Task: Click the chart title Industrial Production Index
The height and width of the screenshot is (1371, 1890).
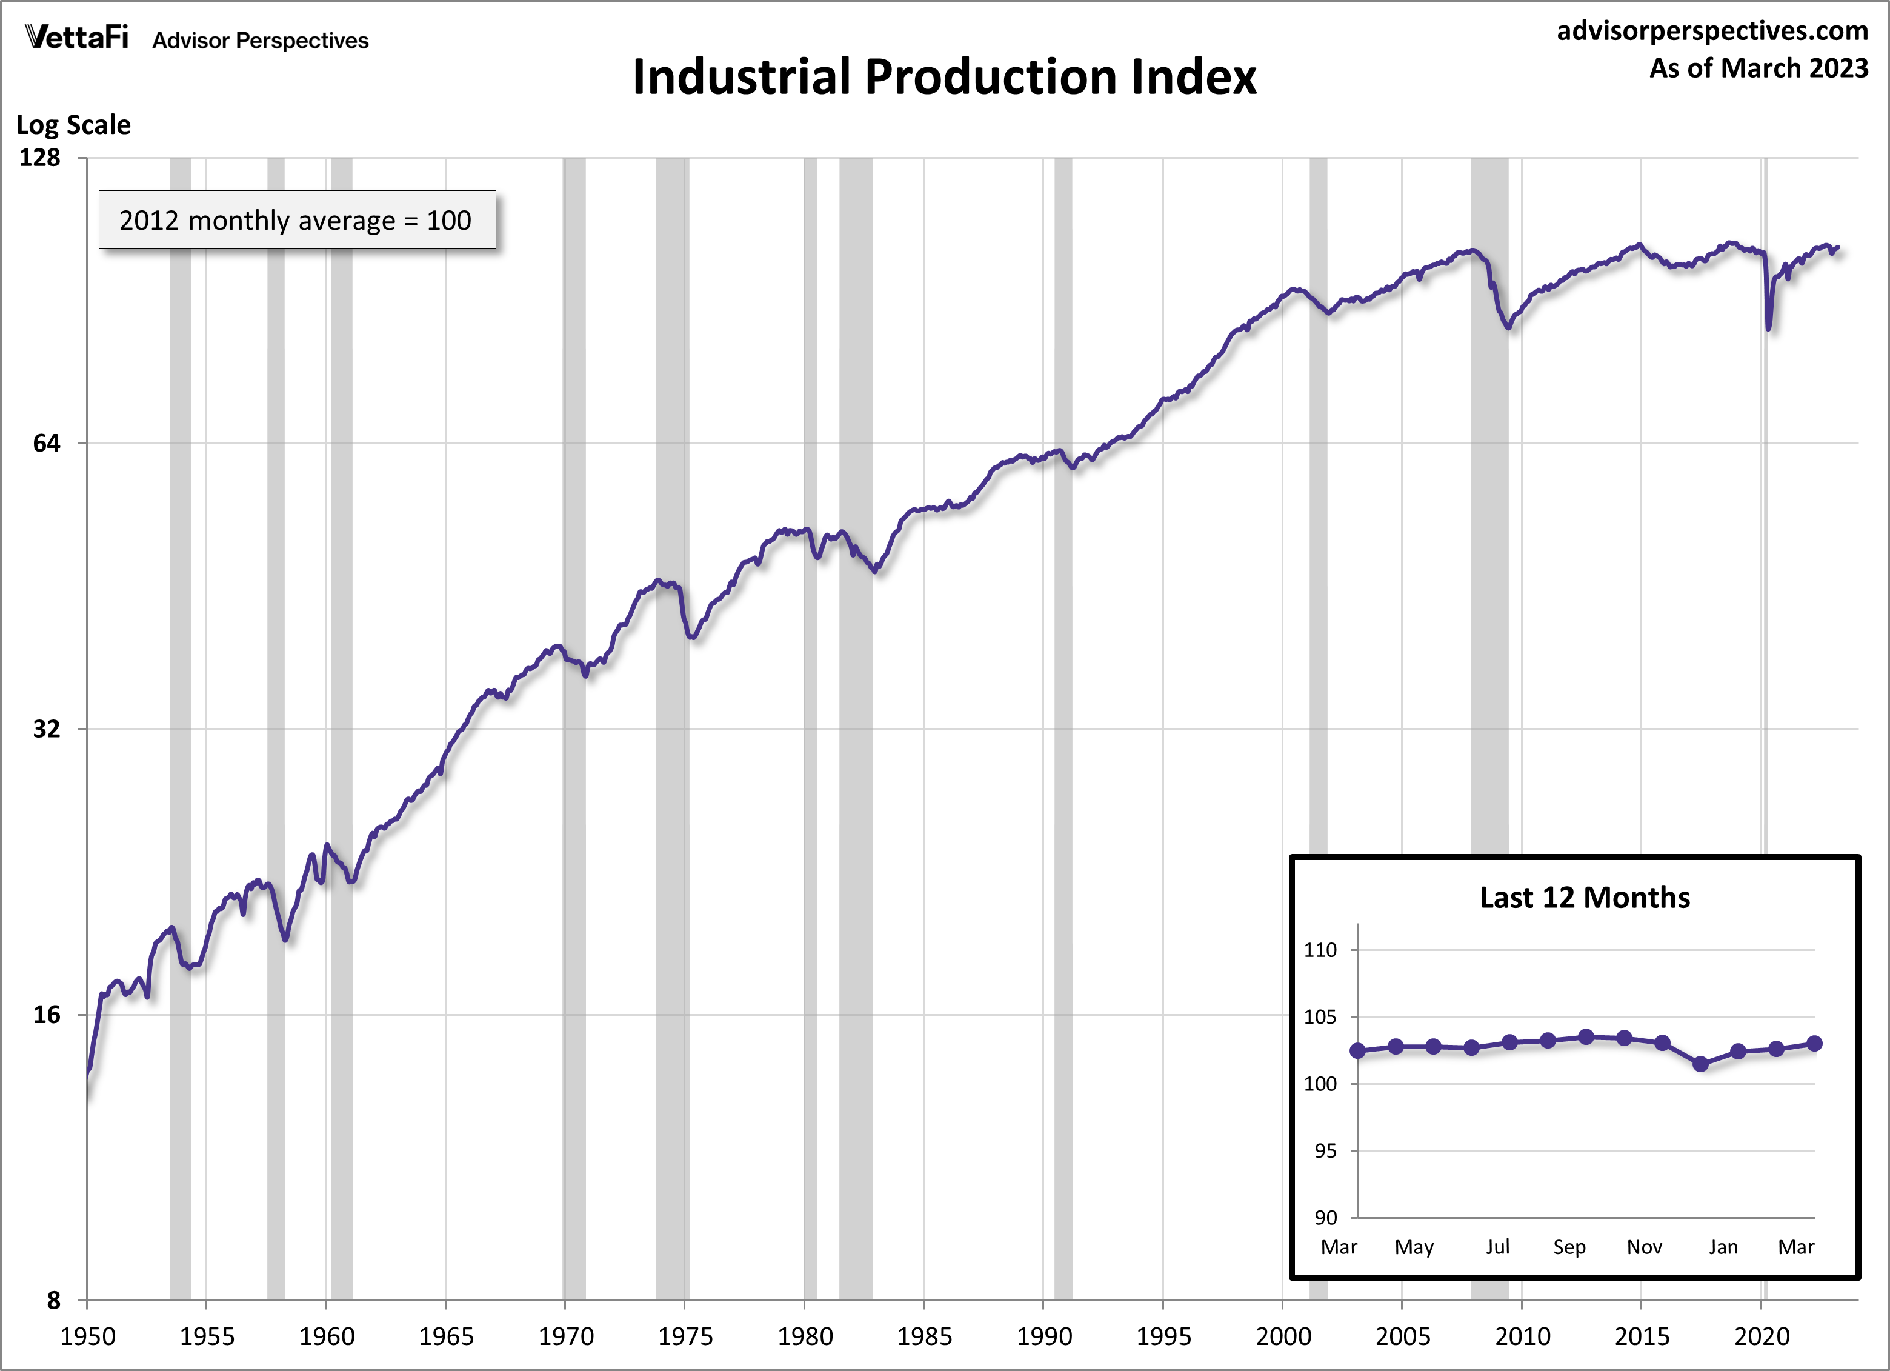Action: point(944,77)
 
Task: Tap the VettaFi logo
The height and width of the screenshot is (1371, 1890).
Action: point(77,38)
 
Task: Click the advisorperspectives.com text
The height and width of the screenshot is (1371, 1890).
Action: point(1712,31)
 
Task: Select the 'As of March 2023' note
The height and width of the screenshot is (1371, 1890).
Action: point(1759,68)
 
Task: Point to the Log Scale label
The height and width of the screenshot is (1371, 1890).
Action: point(73,125)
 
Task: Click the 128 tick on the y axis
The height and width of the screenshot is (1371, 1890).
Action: point(40,158)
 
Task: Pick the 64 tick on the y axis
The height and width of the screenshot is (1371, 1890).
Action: point(47,444)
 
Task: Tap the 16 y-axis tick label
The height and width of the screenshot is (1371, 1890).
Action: point(47,1014)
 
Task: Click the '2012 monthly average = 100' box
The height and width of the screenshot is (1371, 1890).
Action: point(297,220)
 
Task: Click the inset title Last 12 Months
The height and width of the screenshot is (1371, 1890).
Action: point(1584,898)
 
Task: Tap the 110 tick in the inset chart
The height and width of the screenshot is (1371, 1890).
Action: point(1320,950)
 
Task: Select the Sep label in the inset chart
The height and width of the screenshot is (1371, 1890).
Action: point(1569,1247)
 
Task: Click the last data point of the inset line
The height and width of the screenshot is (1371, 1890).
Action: point(1814,1044)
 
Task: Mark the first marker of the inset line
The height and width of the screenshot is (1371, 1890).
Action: point(1357,1051)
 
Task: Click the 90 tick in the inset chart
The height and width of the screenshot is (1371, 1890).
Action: point(1325,1218)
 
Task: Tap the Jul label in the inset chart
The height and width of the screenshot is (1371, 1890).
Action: point(1497,1247)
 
